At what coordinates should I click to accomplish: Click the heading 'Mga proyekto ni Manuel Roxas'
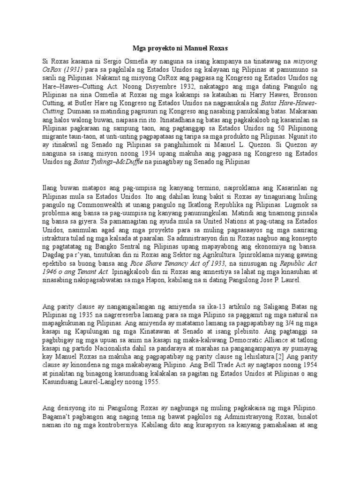(x=180, y=49)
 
